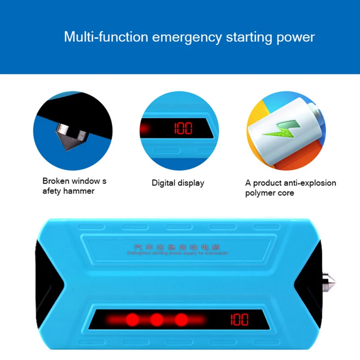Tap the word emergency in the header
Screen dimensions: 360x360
pyautogui.click(x=187, y=37)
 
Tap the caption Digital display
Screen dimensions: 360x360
pyautogui.click(x=178, y=183)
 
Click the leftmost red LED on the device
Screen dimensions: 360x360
pyautogui.click(x=131, y=320)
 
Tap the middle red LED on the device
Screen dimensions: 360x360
pyautogui.click(x=157, y=320)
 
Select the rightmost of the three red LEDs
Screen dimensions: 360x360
pyautogui.click(x=181, y=320)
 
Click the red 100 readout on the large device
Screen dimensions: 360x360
pyautogui.click(x=239, y=320)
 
